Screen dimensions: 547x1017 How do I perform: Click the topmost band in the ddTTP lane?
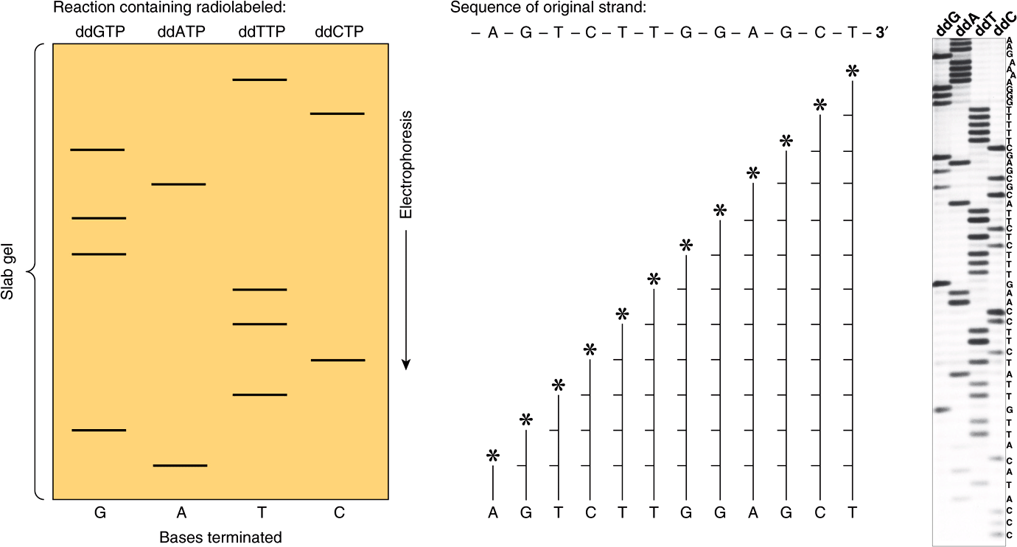(259, 79)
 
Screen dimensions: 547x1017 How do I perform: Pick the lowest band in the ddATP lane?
(180, 465)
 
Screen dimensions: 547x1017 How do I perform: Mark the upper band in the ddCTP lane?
(337, 114)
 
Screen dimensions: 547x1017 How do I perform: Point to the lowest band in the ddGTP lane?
(98, 430)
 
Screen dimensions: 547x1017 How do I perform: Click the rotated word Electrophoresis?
(405, 165)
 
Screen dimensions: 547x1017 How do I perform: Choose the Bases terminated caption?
(220, 537)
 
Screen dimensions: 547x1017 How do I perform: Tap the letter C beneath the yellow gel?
(338, 512)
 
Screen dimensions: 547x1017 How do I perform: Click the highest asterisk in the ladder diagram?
(853, 71)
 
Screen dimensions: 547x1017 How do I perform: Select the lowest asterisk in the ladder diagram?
(493, 457)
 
